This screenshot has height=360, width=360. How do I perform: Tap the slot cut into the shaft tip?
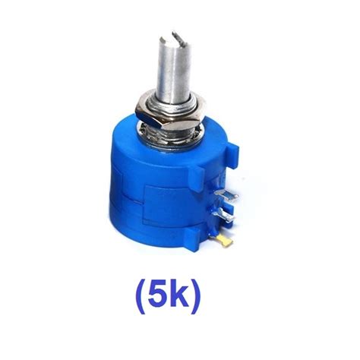(x=176, y=35)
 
